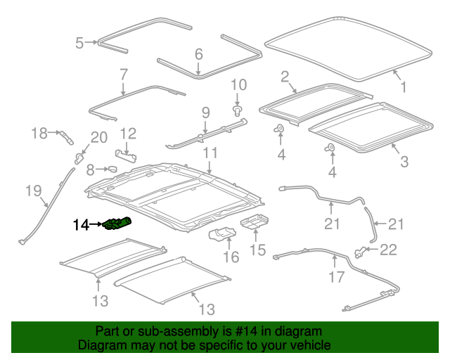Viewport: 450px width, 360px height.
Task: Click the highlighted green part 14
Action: pyautogui.click(x=117, y=224)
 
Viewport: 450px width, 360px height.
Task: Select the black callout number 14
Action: pyautogui.click(x=81, y=225)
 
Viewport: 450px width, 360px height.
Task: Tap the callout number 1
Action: pyautogui.click(x=404, y=88)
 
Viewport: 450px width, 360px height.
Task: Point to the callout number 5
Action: pyautogui.click(x=79, y=44)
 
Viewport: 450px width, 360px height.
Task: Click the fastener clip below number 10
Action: pyautogui.click(x=238, y=110)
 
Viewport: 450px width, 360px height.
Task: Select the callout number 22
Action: pyautogui.click(x=389, y=250)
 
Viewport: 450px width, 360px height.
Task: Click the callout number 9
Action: pyautogui.click(x=205, y=112)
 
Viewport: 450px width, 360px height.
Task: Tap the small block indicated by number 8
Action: pyautogui.click(x=110, y=169)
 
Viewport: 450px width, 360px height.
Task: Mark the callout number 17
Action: pyautogui.click(x=336, y=276)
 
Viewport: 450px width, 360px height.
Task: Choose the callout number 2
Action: pyautogui.click(x=285, y=76)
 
